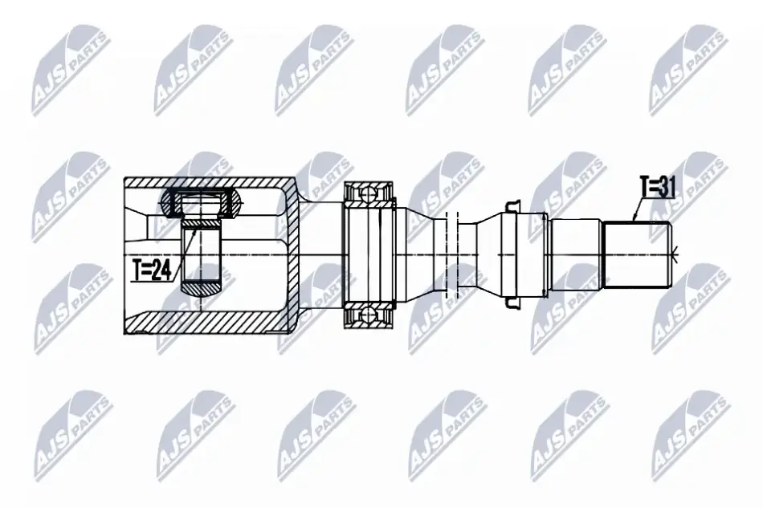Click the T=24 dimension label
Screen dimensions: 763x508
(152, 270)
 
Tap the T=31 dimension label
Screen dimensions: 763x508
(658, 187)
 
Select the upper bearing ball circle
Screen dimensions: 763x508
(369, 193)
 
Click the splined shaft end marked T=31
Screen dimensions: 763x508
(638, 254)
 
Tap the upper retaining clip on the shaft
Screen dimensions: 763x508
(511, 207)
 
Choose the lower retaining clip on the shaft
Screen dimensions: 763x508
(511, 302)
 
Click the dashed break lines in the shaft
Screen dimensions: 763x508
(452, 254)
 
